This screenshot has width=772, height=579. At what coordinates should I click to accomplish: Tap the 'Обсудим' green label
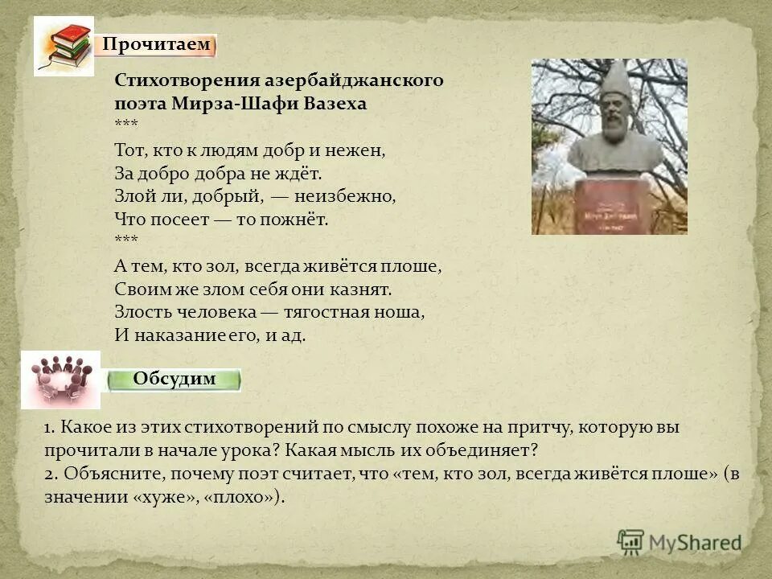(x=175, y=380)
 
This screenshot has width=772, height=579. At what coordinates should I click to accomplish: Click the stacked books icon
(x=64, y=46)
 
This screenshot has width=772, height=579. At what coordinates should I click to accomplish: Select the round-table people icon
(x=60, y=379)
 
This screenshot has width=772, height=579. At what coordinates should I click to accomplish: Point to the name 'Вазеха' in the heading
(x=335, y=104)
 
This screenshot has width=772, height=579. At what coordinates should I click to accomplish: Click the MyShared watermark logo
(x=680, y=543)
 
